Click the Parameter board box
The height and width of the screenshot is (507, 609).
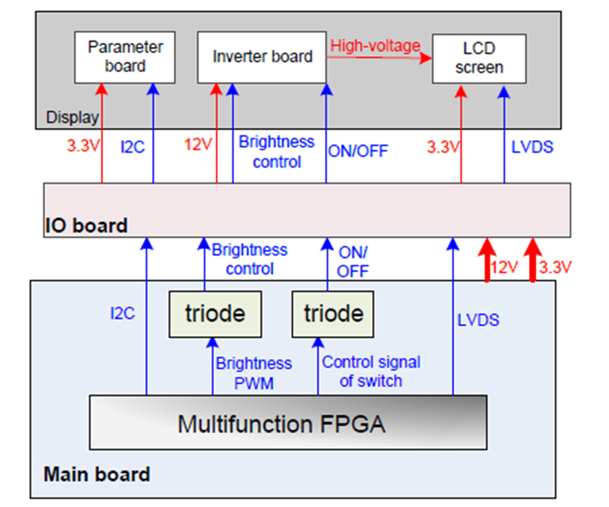coord(125,57)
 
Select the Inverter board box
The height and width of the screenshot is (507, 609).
coord(262,57)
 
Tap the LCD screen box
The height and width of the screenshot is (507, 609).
coord(478,58)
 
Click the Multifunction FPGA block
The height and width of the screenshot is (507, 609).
coord(288,423)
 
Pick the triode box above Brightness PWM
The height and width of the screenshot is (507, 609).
coord(215,314)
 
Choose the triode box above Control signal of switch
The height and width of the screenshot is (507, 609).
coord(333,314)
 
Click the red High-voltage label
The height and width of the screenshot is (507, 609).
coord(375,46)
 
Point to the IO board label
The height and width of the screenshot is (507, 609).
coord(85,225)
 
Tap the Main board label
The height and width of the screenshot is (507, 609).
coord(97,475)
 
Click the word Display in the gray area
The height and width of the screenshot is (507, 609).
coord(72,118)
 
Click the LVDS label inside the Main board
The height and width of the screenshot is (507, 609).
coord(478,320)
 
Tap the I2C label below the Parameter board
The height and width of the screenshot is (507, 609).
coord(133,146)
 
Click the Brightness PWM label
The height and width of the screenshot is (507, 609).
coord(254,372)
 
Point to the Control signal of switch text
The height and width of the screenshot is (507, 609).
coord(371,371)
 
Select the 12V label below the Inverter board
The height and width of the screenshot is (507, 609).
coord(198,145)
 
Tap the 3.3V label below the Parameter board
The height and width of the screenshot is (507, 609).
coord(83,145)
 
